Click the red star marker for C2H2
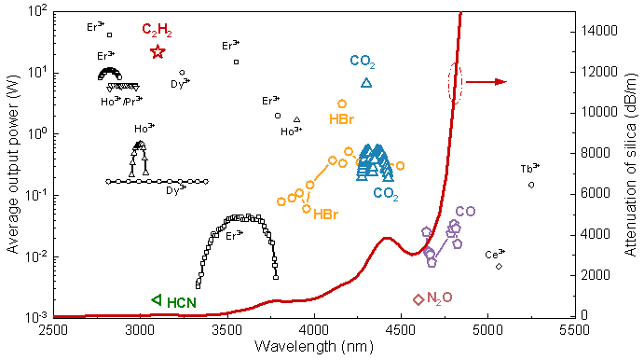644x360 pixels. pyautogui.click(x=158, y=52)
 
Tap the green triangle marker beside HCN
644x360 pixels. pyautogui.click(x=157, y=300)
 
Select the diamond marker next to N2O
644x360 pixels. pyautogui.click(x=418, y=299)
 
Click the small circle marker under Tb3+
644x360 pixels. pyautogui.click(x=531, y=185)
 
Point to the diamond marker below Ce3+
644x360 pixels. pyautogui.click(x=499, y=267)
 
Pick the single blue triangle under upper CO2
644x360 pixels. pyautogui.click(x=366, y=83)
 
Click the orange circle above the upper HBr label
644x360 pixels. pyautogui.click(x=342, y=104)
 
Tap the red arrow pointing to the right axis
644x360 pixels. pyautogui.click(x=486, y=82)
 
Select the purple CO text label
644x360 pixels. pyautogui.click(x=465, y=211)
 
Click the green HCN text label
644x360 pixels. pyautogui.click(x=182, y=303)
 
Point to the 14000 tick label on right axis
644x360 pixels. pyautogui.click(x=599, y=31)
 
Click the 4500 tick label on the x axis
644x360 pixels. pyautogui.click(x=401, y=330)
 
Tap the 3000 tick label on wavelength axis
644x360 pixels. pyautogui.click(x=141, y=330)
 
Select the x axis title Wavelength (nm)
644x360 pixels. pyautogui.click(x=314, y=346)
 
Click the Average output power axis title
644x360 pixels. pyautogui.click(x=12, y=163)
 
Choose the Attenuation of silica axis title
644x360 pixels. pyautogui.click(x=630, y=164)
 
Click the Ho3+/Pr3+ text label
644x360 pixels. pyautogui.click(x=121, y=101)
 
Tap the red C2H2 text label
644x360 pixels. pyautogui.click(x=157, y=30)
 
